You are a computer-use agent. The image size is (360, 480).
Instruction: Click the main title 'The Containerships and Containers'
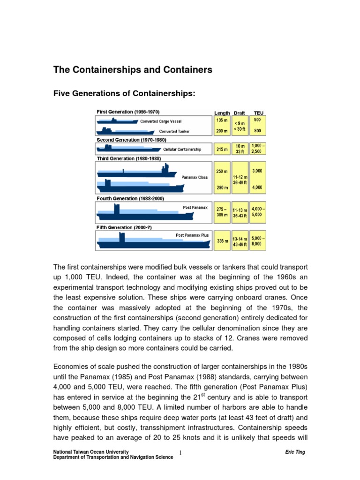[x=133, y=70]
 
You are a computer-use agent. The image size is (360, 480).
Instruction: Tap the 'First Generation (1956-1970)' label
[x=128, y=112]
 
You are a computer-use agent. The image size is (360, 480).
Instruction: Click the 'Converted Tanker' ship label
[x=174, y=132]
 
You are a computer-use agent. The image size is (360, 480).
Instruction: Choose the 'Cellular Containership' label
[x=182, y=150]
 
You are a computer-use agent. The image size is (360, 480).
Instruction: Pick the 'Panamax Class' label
[x=195, y=177]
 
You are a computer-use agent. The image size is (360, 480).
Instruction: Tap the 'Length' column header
[x=222, y=113]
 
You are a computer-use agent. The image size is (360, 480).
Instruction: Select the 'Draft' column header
[x=239, y=113]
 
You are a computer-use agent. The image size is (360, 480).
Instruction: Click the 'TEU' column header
[x=258, y=113]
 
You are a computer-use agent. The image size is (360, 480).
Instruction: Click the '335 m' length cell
[x=222, y=241]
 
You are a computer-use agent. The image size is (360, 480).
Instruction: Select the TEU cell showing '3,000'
[x=257, y=171]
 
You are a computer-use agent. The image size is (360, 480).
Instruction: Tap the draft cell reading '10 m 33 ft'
[x=240, y=149]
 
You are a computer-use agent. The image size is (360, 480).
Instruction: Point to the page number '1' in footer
[x=180, y=453]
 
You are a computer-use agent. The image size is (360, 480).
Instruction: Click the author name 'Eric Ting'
[x=295, y=452]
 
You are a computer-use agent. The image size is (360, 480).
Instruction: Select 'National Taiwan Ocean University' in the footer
[x=89, y=452]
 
